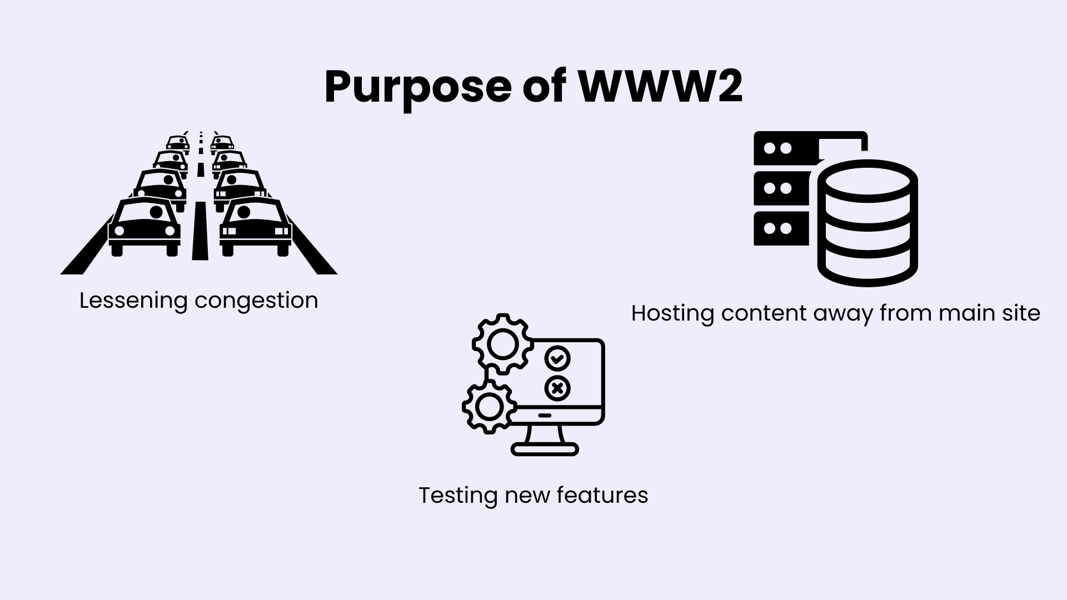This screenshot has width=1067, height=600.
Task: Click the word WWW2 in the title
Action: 661,87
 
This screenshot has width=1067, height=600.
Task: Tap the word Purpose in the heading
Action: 417,89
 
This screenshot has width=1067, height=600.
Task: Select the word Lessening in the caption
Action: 133,301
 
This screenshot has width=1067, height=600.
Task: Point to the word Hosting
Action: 672,314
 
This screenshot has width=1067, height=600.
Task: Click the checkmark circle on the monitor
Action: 557,358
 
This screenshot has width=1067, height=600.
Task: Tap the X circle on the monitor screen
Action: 557,388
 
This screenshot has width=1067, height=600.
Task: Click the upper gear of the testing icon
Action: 502,343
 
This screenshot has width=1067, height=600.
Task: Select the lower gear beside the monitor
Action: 489,407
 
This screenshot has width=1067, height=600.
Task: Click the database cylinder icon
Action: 867,223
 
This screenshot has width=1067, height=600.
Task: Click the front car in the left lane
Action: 144,227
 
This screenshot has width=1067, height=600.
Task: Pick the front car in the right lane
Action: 256,227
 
